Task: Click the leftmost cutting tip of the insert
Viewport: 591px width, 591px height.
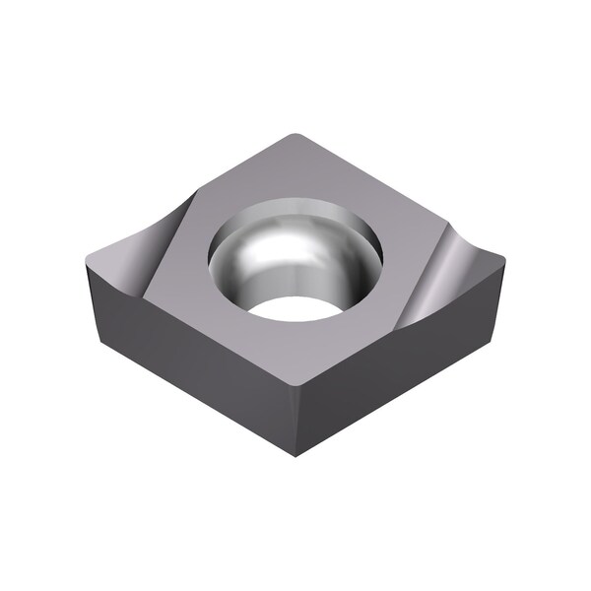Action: [89, 254]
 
